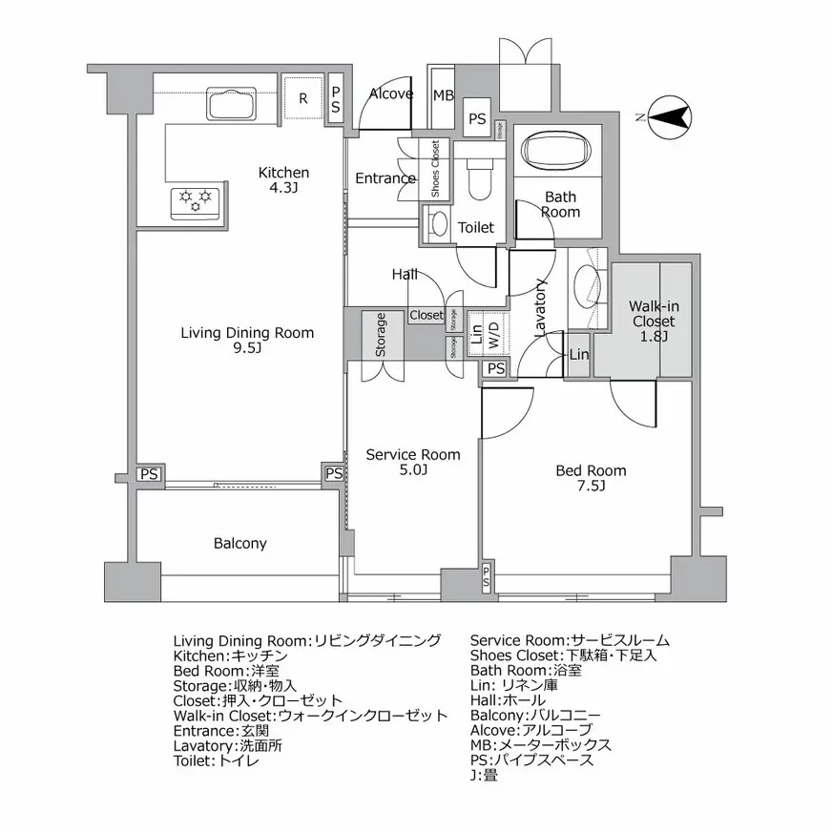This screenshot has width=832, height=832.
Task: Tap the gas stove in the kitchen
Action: pyautogui.click(x=196, y=202)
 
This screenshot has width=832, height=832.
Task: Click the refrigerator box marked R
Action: pyautogui.click(x=303, y=98)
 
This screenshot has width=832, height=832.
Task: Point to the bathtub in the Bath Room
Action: pyautogui.click(x=558, y=151)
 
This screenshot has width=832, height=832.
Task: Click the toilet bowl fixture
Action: pyautogui.click(x=479, y=178)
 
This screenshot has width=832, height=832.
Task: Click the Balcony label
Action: pyautogui.click(x=239, y=544)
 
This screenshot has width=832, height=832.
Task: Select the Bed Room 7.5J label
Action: pyautogui.click(x=592, y=477)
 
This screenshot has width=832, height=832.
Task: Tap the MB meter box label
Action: pyautogui.click(x=443, y=95)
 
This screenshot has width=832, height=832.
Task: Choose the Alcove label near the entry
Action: pyautogui.click(x=391, y=94)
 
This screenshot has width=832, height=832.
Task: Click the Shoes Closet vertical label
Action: pyautogui.click(x=435, y=169)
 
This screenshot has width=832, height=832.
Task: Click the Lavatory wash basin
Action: pyautogui.click(x=586, y=286)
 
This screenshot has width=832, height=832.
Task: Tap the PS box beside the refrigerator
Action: pyautogui.click(x=335, y=99)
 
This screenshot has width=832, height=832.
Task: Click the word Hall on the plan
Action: pyautogui.click(x=405, y=275)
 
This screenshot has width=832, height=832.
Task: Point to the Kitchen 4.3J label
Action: pyautogui.click(x=284, y=179)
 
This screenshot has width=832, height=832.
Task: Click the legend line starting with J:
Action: pyautogui.click(x=483, y=776)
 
